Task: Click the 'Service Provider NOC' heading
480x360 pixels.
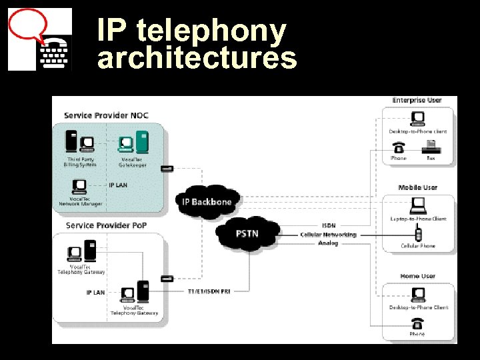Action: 106,115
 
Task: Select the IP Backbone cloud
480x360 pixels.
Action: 206,201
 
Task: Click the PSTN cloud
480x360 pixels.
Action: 247,234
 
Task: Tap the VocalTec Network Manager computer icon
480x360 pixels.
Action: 78,187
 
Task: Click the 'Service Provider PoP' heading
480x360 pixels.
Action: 106,225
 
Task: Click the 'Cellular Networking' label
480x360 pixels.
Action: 328,235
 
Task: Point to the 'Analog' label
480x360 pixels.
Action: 328,243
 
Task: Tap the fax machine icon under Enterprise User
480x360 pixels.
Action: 431,146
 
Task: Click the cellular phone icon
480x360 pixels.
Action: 418,234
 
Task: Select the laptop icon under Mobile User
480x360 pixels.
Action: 418,205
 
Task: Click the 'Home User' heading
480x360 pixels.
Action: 417,275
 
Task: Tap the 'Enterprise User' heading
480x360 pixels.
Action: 417,100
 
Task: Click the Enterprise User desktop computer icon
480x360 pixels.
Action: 418,118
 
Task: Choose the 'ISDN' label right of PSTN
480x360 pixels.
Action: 329,225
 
